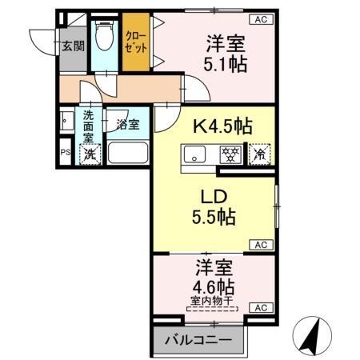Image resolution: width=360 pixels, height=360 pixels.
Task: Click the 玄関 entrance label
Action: click(73, 46)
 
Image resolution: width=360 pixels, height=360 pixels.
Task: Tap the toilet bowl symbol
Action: click(103, 37)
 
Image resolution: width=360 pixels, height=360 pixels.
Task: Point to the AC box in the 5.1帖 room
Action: click(261, 18)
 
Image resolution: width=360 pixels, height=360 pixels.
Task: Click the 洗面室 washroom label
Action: click(88, 126)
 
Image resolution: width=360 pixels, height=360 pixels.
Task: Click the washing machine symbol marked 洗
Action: click(90, 154)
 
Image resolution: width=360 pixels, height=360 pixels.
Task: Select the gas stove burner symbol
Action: click(231, 153)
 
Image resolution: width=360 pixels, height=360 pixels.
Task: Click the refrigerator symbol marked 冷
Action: click(260, 153)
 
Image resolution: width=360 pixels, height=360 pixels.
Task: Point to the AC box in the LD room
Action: click(261, 244)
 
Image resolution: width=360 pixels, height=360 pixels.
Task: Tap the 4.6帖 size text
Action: click(213, 286)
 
